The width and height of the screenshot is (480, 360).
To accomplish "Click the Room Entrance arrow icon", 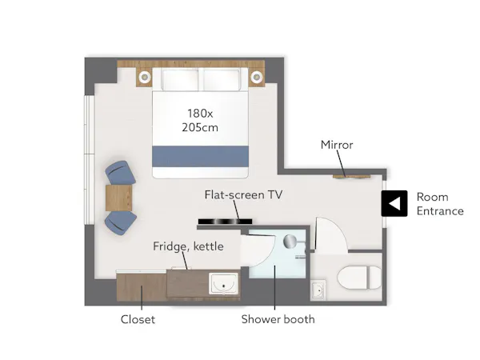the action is (394, 203).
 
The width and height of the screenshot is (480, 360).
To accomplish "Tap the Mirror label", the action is (337, 145).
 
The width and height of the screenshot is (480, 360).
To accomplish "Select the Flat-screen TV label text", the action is (243, 194).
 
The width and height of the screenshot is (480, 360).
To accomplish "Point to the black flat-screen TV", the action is (225, 222).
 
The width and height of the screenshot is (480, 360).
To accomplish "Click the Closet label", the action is (138, 319).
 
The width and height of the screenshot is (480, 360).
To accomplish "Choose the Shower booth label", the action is (278, 319).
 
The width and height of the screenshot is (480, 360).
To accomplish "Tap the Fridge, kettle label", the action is (188, 246).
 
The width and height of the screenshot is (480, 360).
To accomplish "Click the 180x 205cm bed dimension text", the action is (200, 120).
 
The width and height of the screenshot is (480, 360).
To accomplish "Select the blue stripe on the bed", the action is (200, 157).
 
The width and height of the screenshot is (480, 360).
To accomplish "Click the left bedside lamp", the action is (145, 77).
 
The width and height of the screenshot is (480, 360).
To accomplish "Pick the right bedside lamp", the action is (256, 77).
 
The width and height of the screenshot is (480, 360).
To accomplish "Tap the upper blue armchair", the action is (120, 173).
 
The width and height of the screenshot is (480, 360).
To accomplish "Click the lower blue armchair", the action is (120, 222).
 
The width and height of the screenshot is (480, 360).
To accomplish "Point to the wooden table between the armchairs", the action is (118, 198).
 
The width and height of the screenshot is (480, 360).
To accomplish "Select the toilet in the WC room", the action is (359, 278).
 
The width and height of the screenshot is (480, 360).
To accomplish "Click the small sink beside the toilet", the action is (318, 290).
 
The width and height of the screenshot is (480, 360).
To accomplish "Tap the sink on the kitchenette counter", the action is (223, 284).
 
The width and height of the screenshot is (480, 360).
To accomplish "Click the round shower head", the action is (290, 242).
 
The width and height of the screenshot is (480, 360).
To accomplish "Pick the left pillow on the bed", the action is (180, 80).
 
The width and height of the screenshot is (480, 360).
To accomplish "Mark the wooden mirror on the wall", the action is (351, 177).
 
